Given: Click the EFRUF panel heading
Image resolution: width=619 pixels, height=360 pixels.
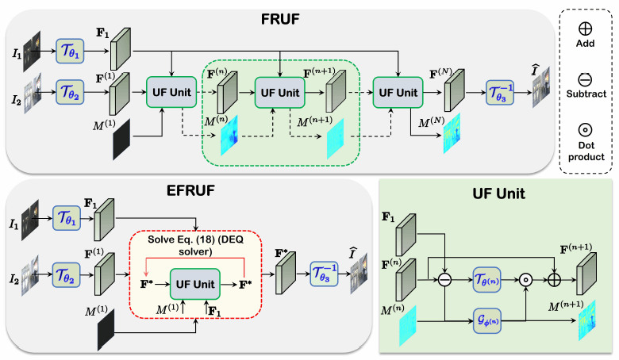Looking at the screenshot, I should pyautogui.click(x=63, y=192).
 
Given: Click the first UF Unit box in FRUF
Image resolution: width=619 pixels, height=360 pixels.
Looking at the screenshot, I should pyautogui.click(x=171, y=92).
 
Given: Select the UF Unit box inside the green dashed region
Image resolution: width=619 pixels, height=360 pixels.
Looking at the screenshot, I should pyautogui.click(x=280, y=92).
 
